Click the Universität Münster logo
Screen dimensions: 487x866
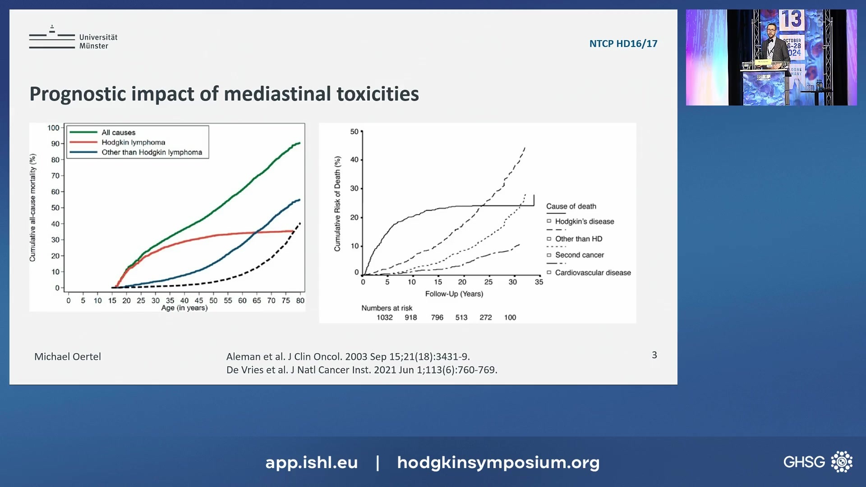pyautogui.click(x=73, y=39)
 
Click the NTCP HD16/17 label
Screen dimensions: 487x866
pyautogui.click(x=623, y=44)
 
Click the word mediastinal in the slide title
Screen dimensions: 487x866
pyautogui.click(x=277, y=94)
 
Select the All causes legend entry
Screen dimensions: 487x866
pyautogui.click(x=118, y=132)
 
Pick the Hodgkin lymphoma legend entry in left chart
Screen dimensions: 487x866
pyautogui.click(x=133, y=142)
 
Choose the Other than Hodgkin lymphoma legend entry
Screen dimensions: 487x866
pyautogui.click(x=152, y=152)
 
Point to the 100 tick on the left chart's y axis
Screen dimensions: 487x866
pyautogui.click(x=53, y=128)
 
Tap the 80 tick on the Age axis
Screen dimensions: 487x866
pyautogui.click(x=300, y=300)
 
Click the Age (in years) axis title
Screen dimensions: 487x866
pyautogui.click(x=184, y=308)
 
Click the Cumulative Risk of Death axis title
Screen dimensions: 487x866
pyautogui.click(x=337, y=203)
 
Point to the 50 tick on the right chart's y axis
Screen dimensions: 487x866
pyautogui.click(x=354, y=132)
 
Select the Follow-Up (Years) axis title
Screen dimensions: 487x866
pyautogui.click(x=454, y=294)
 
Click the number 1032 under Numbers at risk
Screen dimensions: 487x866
pyautogui.click(x=384, y=317)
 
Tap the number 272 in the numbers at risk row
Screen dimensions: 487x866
pyautogui.click(x=485, y=317)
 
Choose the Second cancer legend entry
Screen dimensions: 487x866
pyautogui.click(x=579, y=255)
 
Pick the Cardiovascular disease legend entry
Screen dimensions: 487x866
pyautogui.click(x=593, y=272)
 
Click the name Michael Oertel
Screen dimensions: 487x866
pyautogui.click(x=68, y=357)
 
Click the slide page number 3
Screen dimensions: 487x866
pyautogui.click(x=654, y=355)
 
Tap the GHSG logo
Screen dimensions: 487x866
pyautogui.click(x=817, y=462)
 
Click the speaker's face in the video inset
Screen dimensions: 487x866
pyautogui.click(x=771, y=30)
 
